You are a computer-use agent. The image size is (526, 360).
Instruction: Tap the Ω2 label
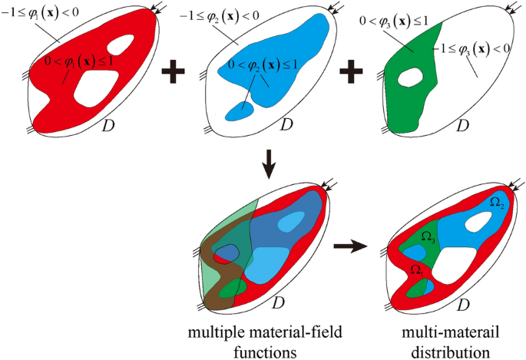point(497,202)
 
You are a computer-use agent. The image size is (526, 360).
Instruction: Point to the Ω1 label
point(415,269)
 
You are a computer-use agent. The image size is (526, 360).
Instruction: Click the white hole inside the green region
point(412,77)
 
